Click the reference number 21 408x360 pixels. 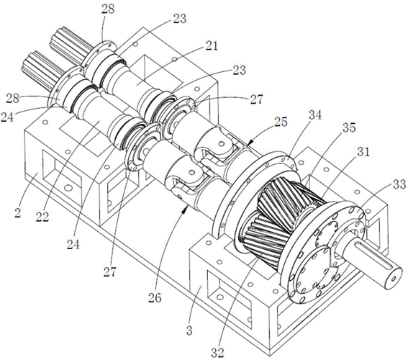(x=212, y=46)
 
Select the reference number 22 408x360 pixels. (x=42, y=216)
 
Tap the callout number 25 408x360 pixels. (x=281, y=122)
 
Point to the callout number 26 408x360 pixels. (x=155, y=298)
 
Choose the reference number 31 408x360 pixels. (x=363, y=152)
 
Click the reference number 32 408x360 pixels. (x=217, y=353)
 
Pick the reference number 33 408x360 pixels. (x=399, y=184)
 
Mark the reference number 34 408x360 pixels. (x=315, y=114)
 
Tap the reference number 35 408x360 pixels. (x=349, y=127)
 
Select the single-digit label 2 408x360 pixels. (x=18, y=212)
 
